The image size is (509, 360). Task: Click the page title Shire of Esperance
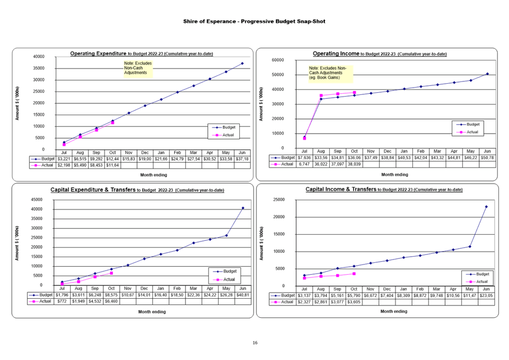pyautogui.click(x=254, y=21)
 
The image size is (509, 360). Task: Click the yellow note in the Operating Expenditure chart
pyautogui.click(x=138, y=69)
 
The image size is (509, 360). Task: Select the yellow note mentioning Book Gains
pyautogui.click(x=328, y=73)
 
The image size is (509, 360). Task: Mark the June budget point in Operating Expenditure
pyautogui.click(x=242, y=63)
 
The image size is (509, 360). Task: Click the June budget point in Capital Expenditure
pyautogui.click(x=243, y=208)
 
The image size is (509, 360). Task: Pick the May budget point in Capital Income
pyautogui.click(x=470, y=247)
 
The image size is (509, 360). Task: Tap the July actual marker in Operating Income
pyautogui.click(x=305, y=138)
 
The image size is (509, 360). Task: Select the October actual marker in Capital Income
pyautogui.click(x=354, y=274)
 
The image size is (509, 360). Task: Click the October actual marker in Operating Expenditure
pyautogui.click(x=112, y=122)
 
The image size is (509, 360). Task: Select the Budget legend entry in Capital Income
pyautogui.click(x=478, y=274)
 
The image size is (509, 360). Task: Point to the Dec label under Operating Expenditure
pyautogui.click(x=145, y=153)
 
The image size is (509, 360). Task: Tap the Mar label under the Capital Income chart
pyautogui.click(x=437, y=289)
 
